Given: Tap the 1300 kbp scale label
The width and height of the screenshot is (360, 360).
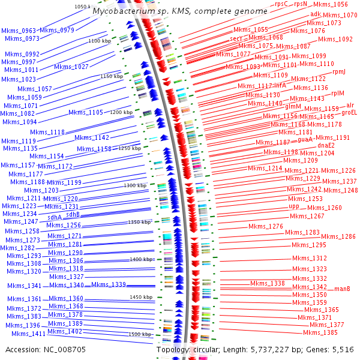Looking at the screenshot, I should pyautogui.click(x=135, y=186).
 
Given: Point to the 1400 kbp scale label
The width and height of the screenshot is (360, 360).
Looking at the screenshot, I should pyautogui.click(x=142, y=259).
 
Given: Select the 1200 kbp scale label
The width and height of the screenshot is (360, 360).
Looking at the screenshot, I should pyautogui.click(x=121, y=112).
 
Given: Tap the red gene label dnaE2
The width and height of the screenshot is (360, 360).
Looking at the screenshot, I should pyautogui.click(x=326, y=145).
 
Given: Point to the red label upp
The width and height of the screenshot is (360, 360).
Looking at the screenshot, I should pyautogui.click(x=294, y=206).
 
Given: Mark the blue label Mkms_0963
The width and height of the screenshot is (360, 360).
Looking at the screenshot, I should pyautogui.click(x=19, y=30).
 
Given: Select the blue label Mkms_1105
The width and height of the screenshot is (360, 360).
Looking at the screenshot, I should pyautogui.click(x=86, y=112).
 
